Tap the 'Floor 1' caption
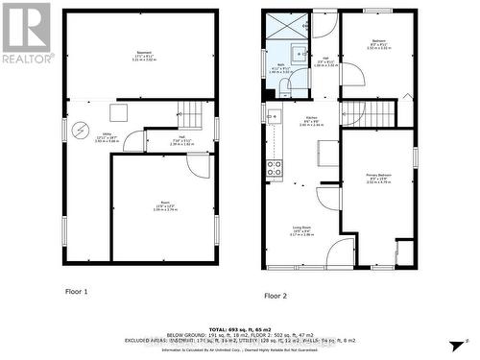[x=77, y=290]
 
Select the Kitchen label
[x=312, y=122]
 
